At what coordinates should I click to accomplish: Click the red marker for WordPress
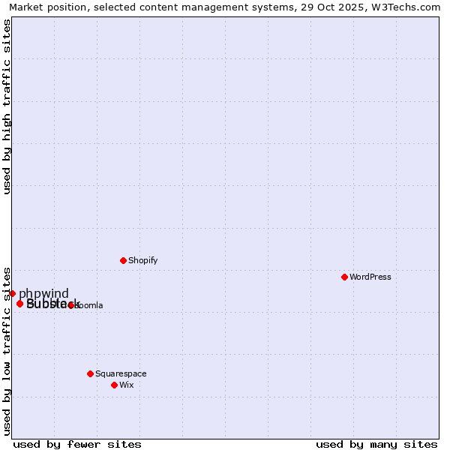pyautogui.click(x=344, y=277)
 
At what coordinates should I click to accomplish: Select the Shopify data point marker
pyautogui.click(x=123, y=260)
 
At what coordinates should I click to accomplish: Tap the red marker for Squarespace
pyautogui.click(x=90, y=373)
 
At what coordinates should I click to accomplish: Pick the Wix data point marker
pyautogui.click(x=114, y=385)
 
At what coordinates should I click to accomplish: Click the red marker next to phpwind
pyautogui.click(x=12, y=293)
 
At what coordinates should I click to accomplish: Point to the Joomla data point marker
pyautogui.click(x=70, y=305)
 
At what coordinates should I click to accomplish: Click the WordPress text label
pyautogui.click(x=370, y=277)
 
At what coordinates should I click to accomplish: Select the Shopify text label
pyautogui.click(x=142, y=260)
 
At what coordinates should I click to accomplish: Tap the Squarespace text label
pyautogui.click(x=121, y=373)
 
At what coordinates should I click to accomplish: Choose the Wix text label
pyautogui.click(x=126, y=385)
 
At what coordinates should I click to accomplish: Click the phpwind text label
pyautogui.click(x=43, y=293)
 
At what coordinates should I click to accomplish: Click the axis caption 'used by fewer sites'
pyautogui.click(x=77, y=444)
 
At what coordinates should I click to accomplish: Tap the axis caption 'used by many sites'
pyautogui.click(x=376, y=444)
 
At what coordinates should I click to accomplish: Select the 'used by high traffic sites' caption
pyautogui.click(x=7, y=106)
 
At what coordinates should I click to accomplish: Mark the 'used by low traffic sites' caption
pyautogui.click(x=7, y=350)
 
